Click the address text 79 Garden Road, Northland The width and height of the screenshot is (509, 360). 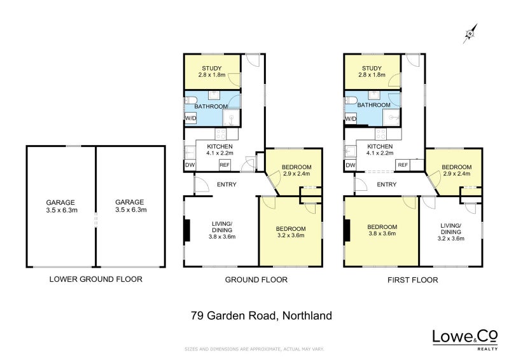pyautogui.click(x=261, y=315)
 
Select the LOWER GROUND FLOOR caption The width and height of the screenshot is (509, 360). pyautogui.click(x=96, y=279)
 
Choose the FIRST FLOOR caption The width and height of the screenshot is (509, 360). pyautogui.click(x=412, y=279)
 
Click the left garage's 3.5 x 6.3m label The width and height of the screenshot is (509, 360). pyautogui.click(x=60, y=209)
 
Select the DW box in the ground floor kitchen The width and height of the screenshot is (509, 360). pyautogui.click(x=190, y=165)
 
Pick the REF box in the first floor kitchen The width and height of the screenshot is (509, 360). pyautogui.click(x=402, y=165)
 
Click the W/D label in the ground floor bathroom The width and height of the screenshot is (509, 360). pyautogui.click(x=190, y=119)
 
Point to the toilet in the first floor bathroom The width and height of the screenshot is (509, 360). pyautogui.click(x=350, y=99)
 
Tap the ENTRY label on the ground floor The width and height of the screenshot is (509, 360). pyautogui.click(x=227, y=185)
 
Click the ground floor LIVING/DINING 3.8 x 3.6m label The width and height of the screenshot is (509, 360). pyautogui.click(x=222, y=230)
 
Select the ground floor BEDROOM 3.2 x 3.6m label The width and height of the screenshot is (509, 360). pyautogui.click(x=290, y=232)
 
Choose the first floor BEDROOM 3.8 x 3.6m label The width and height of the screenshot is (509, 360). pyautogui.click(x=382, y=230)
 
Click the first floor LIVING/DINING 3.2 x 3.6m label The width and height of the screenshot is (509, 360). pyautogui.click(x=450, y=232)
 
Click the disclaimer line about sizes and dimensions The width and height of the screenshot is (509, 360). pyautogui.click(x=254, y=349)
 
